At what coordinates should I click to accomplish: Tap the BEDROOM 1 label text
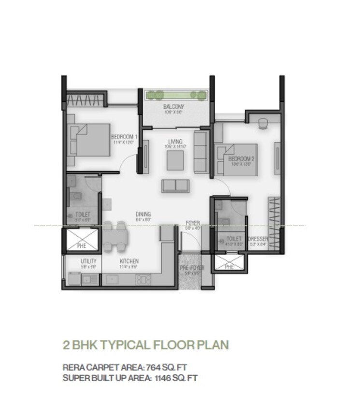124,137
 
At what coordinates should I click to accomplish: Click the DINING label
143,214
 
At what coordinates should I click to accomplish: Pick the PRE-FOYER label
192,268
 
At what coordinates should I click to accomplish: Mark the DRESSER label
258,239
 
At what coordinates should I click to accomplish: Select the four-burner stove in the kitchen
144,279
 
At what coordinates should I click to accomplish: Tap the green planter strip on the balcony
177,95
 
